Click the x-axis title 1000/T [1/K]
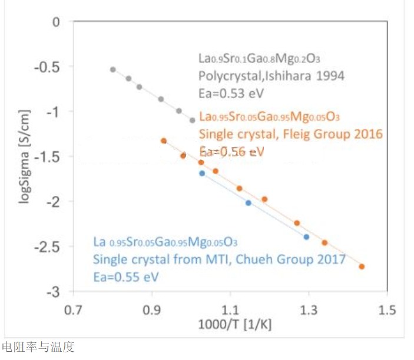pos(230,324)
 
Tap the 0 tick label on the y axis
pos(57,22)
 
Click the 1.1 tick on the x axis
pos(230,309)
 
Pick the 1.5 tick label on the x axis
pos(386,309)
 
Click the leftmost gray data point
pos(113,69)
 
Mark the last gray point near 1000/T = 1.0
pos(192,120)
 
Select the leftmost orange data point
pos(164,141)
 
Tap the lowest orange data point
pos(362,266)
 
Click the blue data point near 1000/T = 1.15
pos(248,202)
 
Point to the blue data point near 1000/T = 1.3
pos(306,236)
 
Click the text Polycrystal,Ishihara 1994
pos(271,75)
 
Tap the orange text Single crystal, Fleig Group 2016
pos(291,134)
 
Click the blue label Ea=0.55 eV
pos(126,275)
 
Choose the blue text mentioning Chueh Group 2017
pos(219,259)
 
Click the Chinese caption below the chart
pos(38,347)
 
